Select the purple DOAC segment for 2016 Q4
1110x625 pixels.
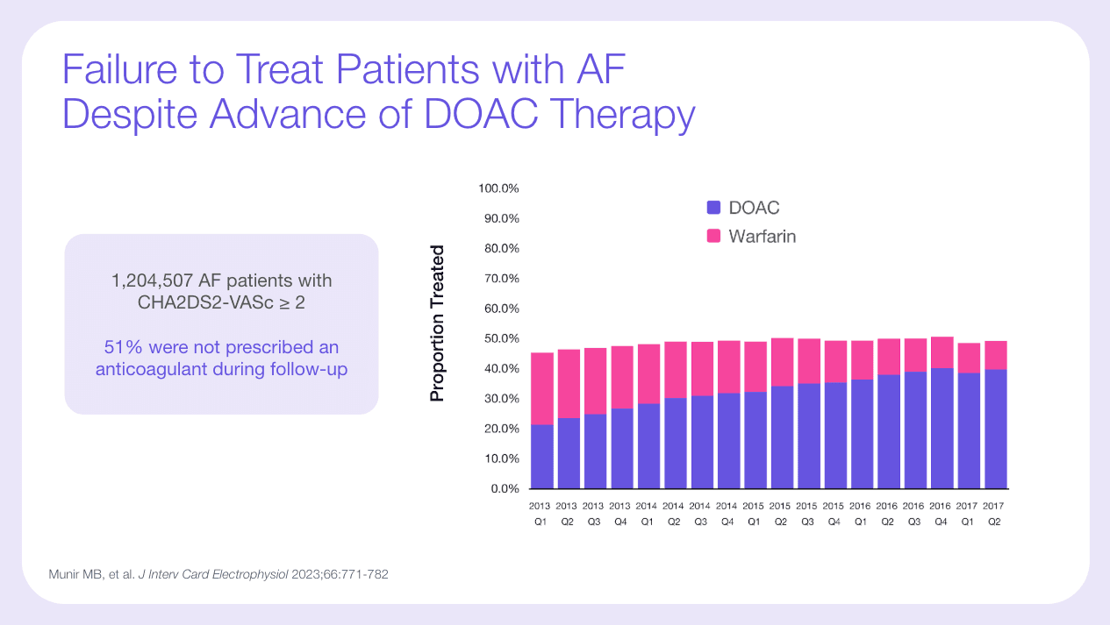[942, 428]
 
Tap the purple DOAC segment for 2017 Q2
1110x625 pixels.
[995, 429]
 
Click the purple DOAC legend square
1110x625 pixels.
[713, 208]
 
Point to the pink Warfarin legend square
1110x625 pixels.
[713, 236]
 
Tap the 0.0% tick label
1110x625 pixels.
[505, 488]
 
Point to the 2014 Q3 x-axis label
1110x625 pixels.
[700, 513]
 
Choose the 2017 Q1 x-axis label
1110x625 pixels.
[968, 513]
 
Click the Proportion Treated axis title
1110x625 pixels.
[437, 323]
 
